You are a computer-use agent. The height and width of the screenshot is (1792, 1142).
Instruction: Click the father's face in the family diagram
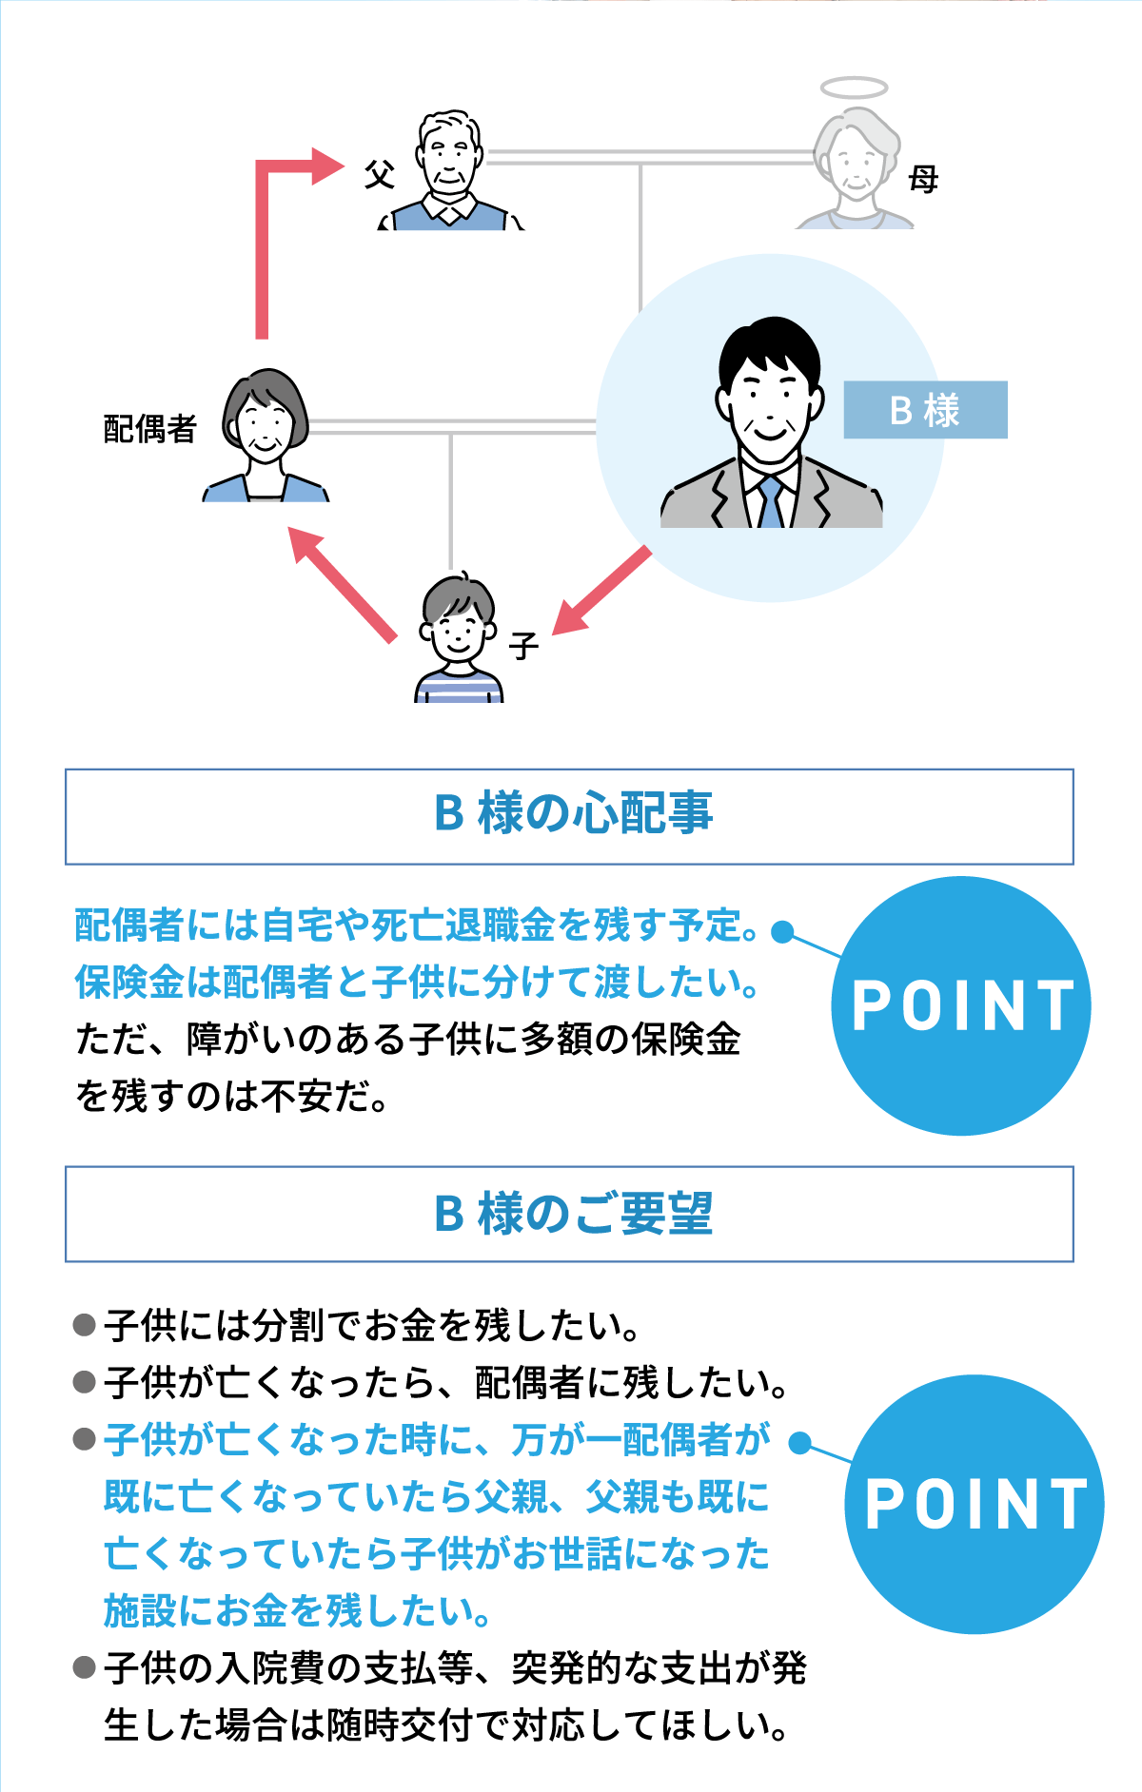(x=448, y=158)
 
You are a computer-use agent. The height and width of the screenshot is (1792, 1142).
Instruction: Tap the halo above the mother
(x=854, y=88)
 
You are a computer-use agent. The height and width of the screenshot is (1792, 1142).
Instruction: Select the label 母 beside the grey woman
(x=923, y=179)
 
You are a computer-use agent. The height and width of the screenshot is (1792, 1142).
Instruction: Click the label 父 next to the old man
(x=380, y=175)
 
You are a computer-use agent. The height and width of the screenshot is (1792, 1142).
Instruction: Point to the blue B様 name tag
(x=925, y=410)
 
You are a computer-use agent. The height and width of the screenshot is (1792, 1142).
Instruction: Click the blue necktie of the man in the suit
(x=770, y=501)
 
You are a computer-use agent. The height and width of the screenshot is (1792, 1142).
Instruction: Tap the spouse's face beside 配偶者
(x=265, y=422)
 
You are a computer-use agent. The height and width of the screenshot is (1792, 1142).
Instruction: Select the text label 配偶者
(x=149, y=429)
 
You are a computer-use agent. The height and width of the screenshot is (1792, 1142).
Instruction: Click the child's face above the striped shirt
(x=458, y=629)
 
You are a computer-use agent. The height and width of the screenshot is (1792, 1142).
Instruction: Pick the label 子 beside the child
(x=522, y=647)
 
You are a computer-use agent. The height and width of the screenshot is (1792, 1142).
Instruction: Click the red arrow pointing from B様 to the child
(x=601, y=591)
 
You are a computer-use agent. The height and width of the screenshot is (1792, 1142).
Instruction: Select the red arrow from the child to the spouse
(x=342, y=584)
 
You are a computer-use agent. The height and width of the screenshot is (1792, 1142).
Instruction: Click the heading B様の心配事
(x=573, y=814)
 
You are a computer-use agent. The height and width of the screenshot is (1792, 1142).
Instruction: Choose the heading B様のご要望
(x=573, y=1214)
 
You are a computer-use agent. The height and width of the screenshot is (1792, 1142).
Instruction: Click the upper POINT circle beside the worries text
(x=961, y=1005)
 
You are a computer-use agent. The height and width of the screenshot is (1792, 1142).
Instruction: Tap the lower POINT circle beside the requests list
(x=975, y=1504)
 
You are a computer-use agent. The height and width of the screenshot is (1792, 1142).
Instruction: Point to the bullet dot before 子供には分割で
(x=85, y=1325)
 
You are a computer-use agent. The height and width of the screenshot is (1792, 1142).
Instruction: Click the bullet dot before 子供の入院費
(x=85, y=1667)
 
